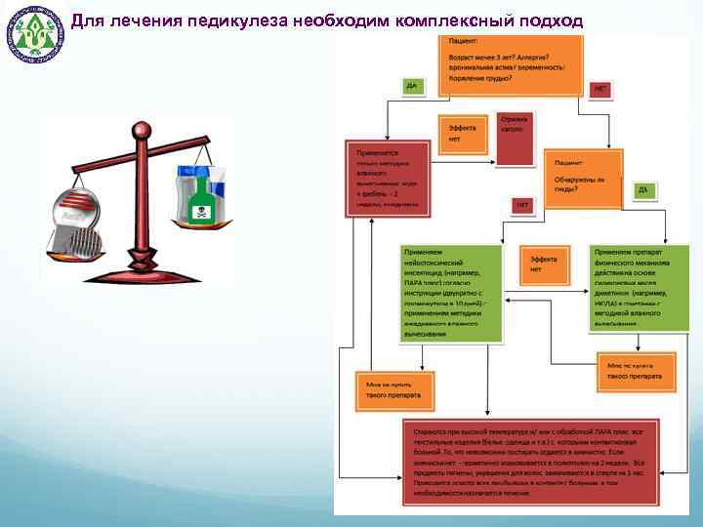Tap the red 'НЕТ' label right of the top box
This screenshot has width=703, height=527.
coord(600,89)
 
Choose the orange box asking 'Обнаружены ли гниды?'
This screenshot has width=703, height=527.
coord(586,180)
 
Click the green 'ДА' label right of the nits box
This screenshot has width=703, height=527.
coord(641,189)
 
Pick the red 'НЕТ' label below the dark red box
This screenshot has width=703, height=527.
coord(522,205)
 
